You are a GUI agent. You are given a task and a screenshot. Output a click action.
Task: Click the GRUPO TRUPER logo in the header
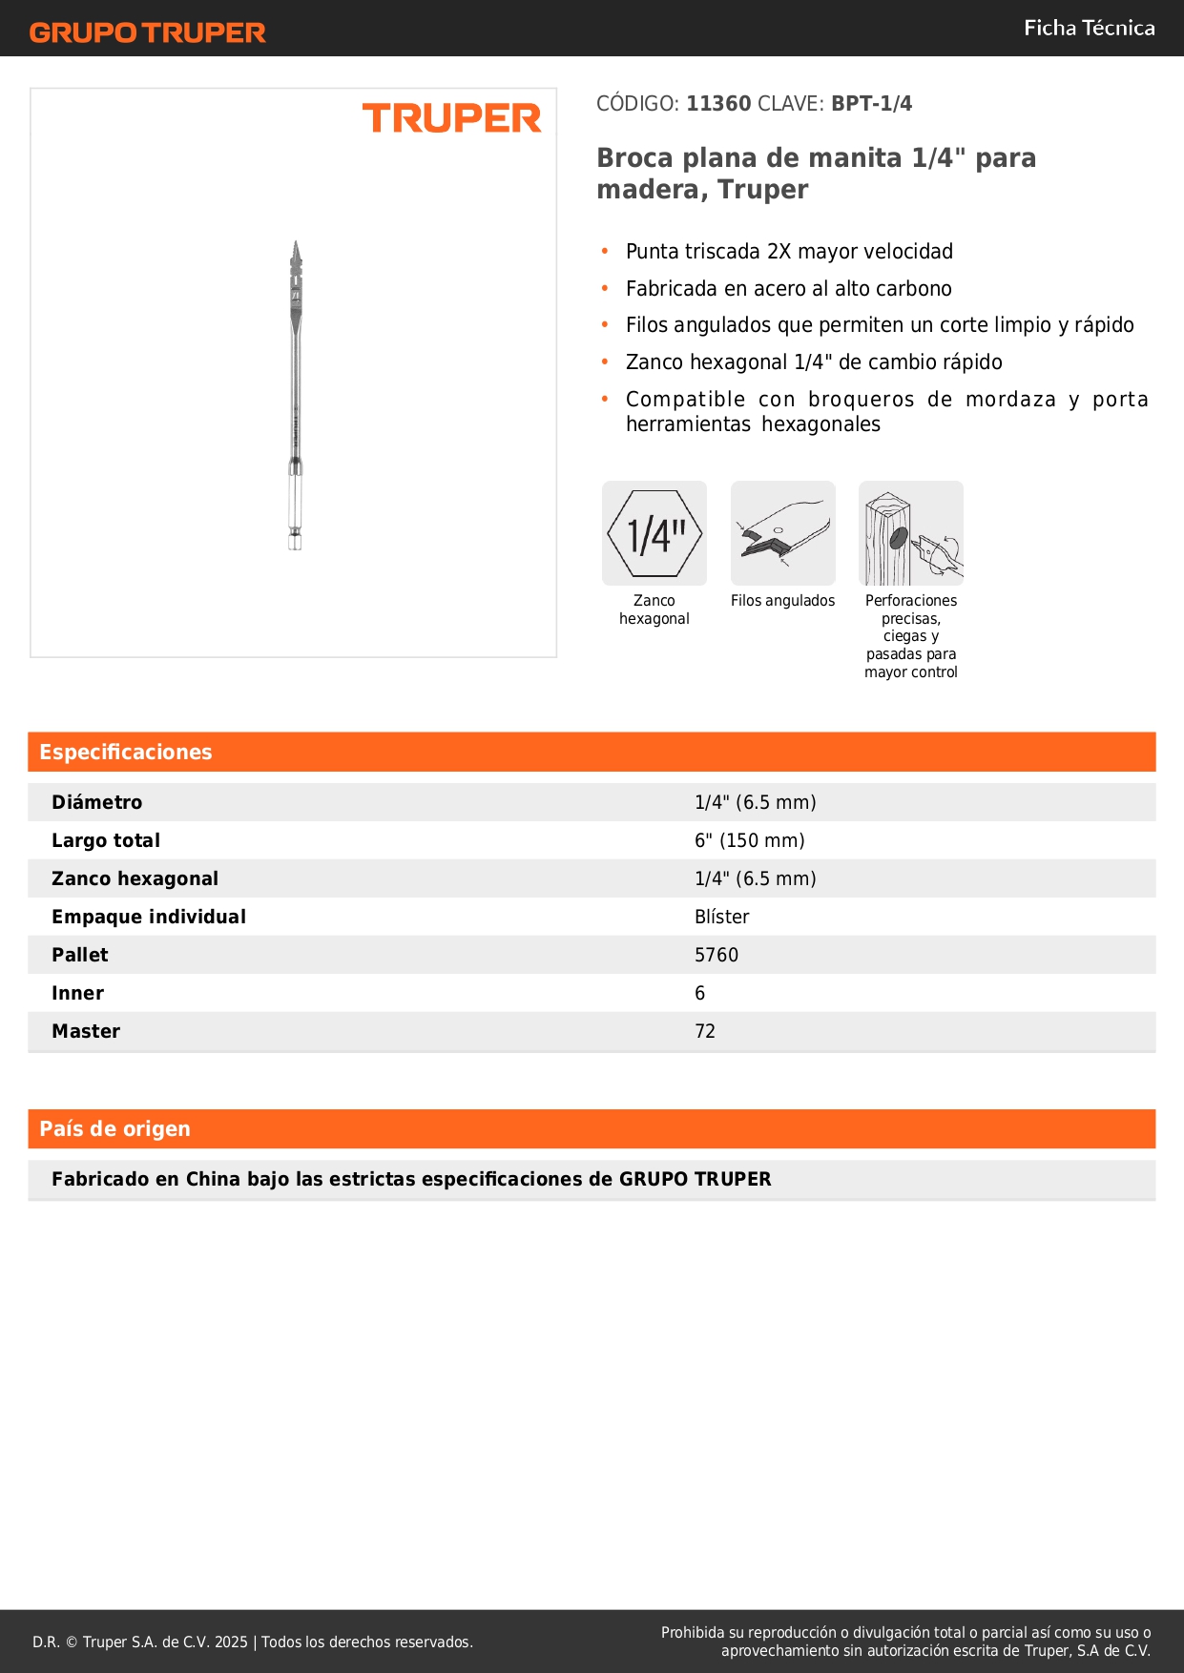pyautogui.click(x=147, y=32)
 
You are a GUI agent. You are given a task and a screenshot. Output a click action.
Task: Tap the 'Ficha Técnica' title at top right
pyautogui.click(x=1089, y=28)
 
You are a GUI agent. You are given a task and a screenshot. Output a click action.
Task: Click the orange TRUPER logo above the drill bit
pyautogui.click(x=451, y=118)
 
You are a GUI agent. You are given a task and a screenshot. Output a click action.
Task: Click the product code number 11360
pyautogui.click(x=718, y=104)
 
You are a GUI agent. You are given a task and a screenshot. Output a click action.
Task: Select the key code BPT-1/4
pyautogui.click(x=871, y=104)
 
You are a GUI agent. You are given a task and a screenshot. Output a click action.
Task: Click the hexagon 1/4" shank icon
pyautogui.click(x=654, y=533)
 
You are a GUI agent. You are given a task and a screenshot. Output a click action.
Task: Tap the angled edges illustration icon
pyautogui.click(x=782, y=533)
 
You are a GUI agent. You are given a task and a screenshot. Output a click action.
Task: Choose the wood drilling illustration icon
pyautogui.click(x=911, y=533)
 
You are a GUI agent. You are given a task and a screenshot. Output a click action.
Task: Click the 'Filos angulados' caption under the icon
pyautogui.click(x=782, y=601)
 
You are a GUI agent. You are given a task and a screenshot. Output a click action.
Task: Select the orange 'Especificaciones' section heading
pyautogui.click(x=126, y=753)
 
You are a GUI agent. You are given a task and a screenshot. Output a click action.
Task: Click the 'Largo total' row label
pyautogui.click(x=106, y=840)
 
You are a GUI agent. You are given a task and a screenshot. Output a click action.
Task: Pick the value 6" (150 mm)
pyautogui.click(x=749, y=840)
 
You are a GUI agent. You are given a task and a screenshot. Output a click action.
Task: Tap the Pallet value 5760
pyautogui.click(x=717, y=955)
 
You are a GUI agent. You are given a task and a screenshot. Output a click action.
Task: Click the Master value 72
pyautogui.click(x=705, y=1031)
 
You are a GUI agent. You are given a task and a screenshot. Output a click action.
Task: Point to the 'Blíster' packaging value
pyautogui.click(x=721, y=917)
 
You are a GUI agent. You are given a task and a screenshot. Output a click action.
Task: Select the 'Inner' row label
pyautogui.click(x=77, y=993)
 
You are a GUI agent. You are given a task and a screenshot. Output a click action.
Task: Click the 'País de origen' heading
pyautogui.click(x=114, y=1129)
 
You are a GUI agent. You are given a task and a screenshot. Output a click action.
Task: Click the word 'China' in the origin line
pyautogui.click(x=213, y=1179)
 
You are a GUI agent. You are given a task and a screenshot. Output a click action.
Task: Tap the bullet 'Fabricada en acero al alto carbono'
pyautogui.click(x=788, y=289)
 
